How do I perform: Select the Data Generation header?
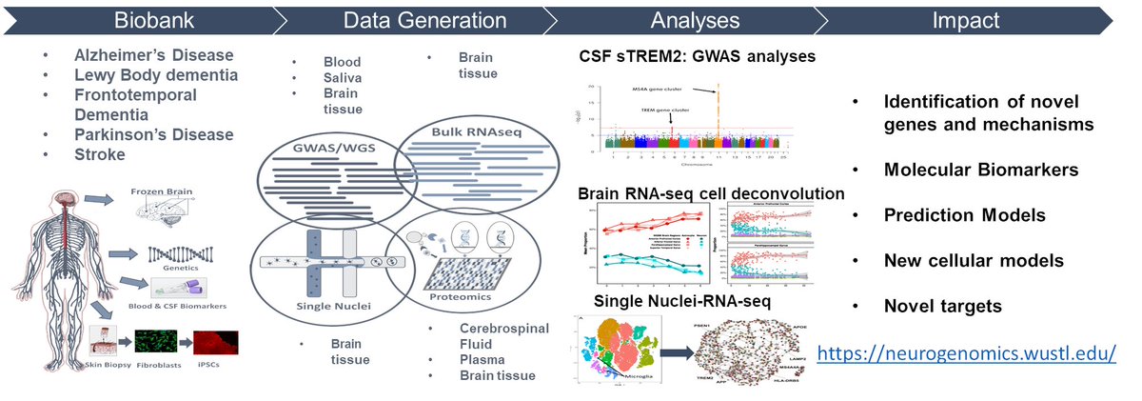[x=424, y=19]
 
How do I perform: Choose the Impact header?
[x=978, y=19]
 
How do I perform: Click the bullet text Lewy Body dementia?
[x=157, y=74]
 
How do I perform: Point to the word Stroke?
[x=100, y=155]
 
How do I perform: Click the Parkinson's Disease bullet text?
[x=154, y=134]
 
